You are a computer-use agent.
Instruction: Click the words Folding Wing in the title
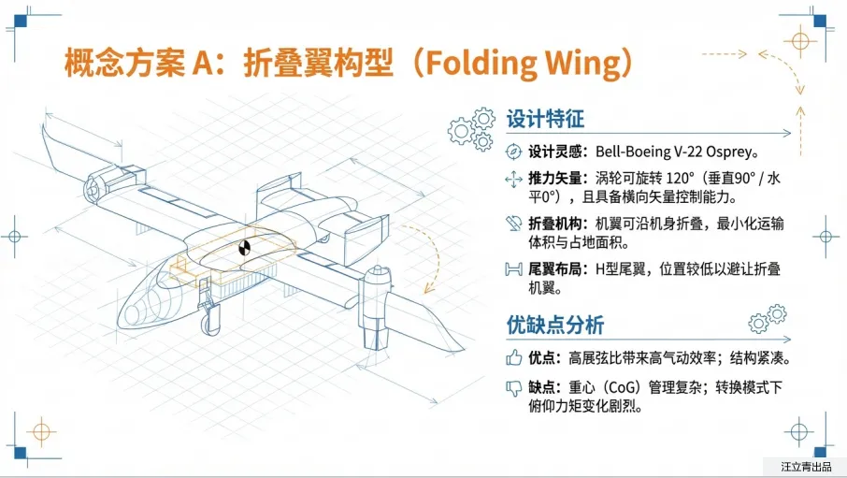click(518, 63)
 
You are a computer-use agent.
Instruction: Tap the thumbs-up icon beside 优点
click(512, 357)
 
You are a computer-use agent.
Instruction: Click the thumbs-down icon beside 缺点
click(512, 387)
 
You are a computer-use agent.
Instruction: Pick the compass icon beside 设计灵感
click(512, 152)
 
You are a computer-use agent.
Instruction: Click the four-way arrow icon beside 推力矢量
click(512, 178)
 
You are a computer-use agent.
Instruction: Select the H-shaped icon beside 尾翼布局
click(512, 269)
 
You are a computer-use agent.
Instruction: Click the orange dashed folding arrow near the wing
click(432, 253)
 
